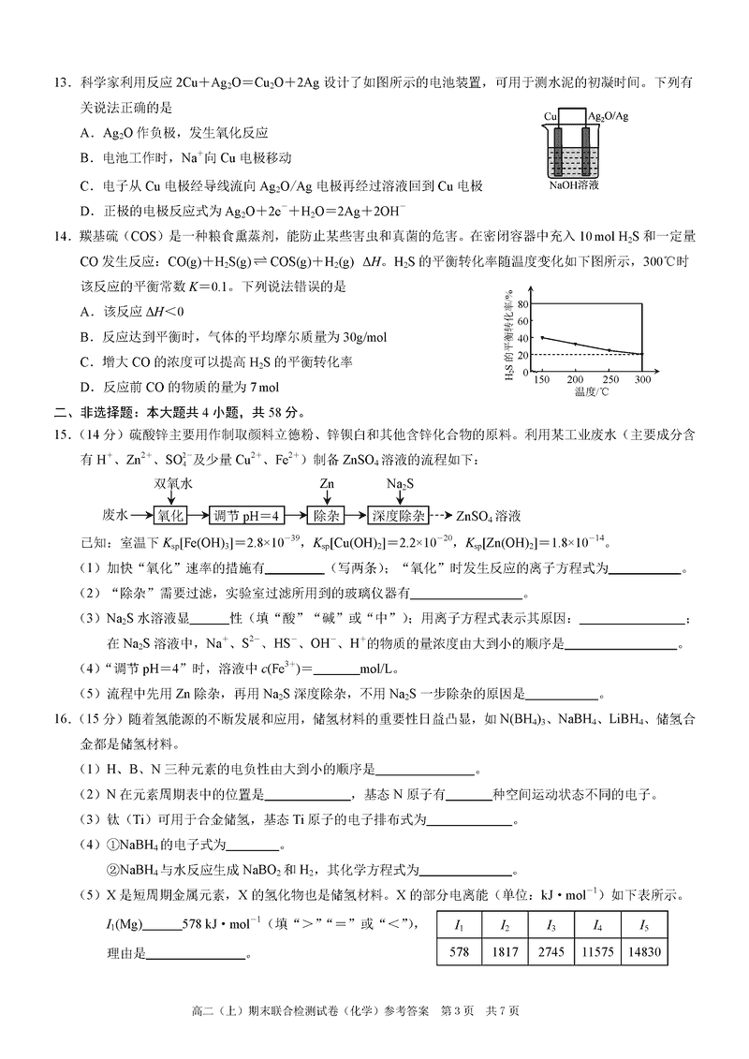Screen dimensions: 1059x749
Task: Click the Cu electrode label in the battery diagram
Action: point(552,115)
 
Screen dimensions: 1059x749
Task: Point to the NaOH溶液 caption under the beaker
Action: point(574,186)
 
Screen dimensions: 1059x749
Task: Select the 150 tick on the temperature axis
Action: point(541,380)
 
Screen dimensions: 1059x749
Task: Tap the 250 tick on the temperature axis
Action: point(609,380)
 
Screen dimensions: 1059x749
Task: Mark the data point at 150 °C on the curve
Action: point(542,337)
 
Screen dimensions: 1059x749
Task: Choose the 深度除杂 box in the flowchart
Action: point(398,515)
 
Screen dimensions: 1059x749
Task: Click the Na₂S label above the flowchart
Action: point(399,484)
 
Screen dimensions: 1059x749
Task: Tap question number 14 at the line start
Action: point(62,239)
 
